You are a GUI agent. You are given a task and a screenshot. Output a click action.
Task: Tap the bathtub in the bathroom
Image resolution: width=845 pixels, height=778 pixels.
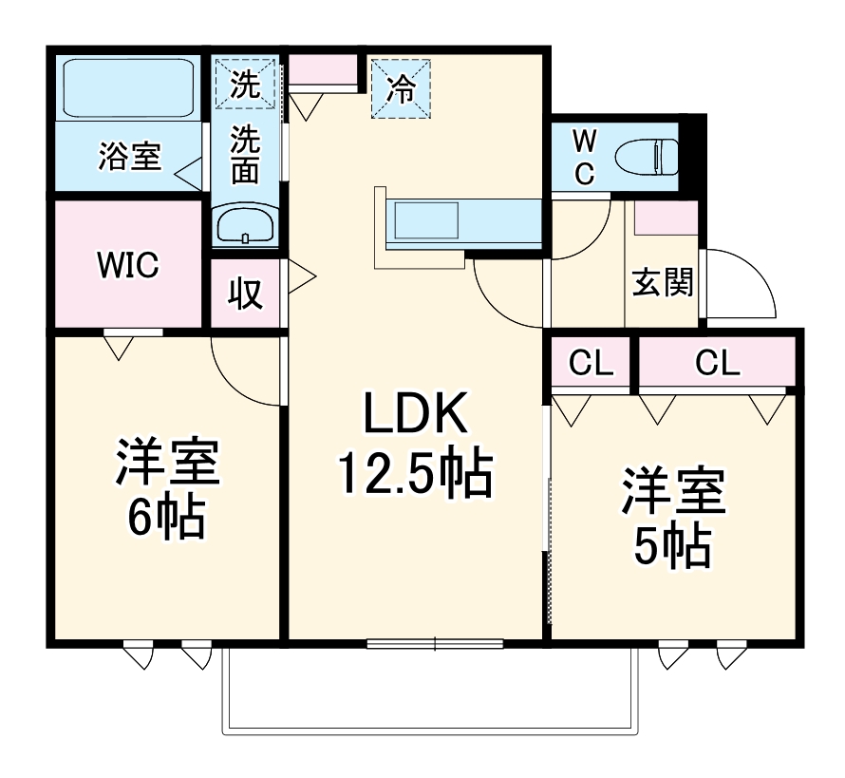[127, 87]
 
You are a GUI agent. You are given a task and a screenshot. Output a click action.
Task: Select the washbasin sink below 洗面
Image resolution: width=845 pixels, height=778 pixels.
[245, 226]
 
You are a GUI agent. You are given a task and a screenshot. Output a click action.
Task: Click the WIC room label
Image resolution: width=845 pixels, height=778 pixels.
[126, 265]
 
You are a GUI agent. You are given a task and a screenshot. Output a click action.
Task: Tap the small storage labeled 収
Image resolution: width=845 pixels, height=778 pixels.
[245, 294]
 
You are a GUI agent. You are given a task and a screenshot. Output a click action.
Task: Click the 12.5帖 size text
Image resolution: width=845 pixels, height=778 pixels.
[415, 472]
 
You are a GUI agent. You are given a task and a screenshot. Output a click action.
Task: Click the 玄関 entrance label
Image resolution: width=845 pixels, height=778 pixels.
[663, 282]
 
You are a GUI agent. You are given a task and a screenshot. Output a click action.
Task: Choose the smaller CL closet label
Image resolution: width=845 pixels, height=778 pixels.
[591, 362]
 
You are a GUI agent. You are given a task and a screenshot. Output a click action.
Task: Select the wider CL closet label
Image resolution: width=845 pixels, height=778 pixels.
[717, 362]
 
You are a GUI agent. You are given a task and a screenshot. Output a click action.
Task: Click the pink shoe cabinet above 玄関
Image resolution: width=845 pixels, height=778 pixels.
[665, 218]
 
